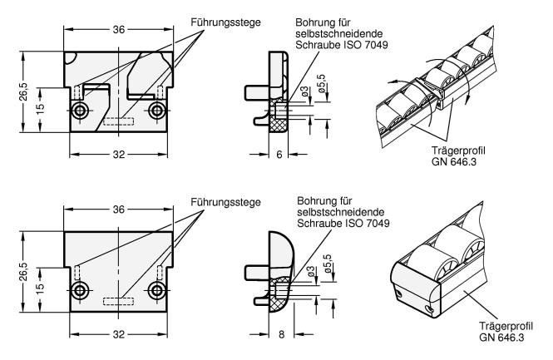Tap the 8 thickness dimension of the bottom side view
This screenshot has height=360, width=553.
282,333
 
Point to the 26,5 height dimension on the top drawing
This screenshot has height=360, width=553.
26,89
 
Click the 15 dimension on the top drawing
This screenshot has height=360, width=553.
39,106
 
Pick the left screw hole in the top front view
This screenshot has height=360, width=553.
81,110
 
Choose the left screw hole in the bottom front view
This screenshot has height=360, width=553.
81,289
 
